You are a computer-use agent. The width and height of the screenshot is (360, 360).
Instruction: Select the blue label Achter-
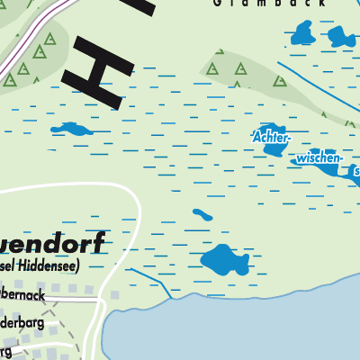pyautogui.click(x=271, y=139)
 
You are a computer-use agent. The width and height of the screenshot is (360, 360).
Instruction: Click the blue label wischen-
pyautogui.click(x=318, y=158)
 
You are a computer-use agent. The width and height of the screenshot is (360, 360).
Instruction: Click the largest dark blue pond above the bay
pyautogui.click(x=223, y=261)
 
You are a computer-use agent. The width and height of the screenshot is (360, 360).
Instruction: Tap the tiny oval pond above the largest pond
pyautogui.click(x=202, y=215)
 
